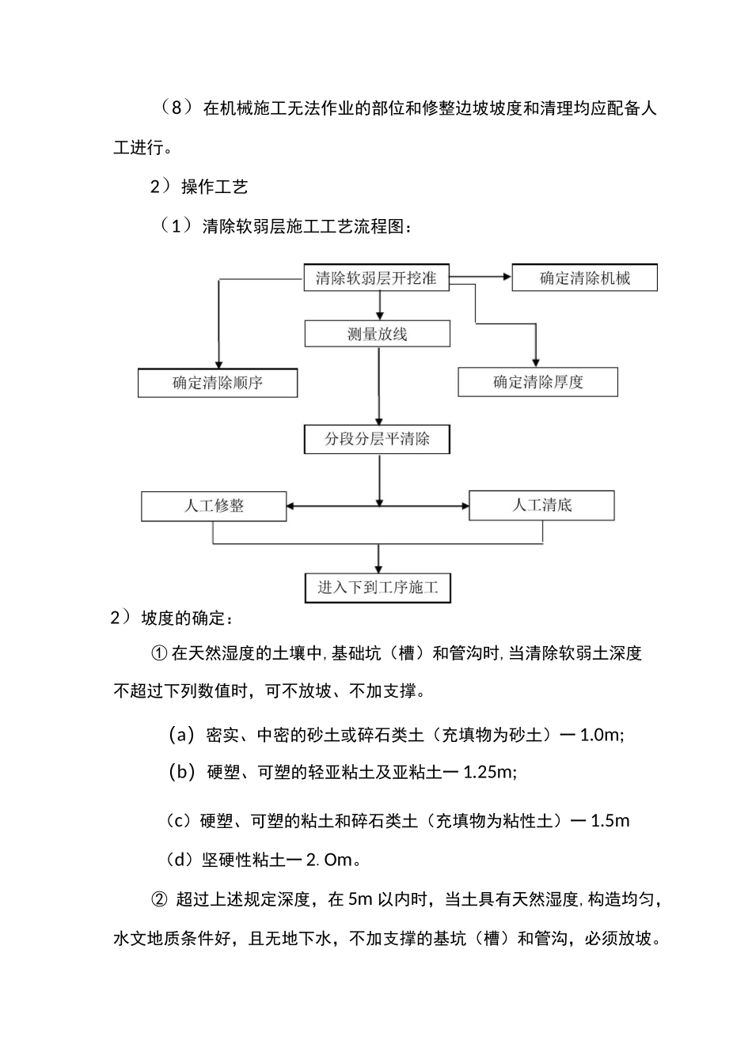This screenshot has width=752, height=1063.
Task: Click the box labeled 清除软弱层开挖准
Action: pyautogui.click(x=376, y=278)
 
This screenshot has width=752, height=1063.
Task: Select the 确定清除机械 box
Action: pyautogui.click(x=585, y=278)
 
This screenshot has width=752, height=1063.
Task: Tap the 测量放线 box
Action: pyautogui.click(x=377, y=334)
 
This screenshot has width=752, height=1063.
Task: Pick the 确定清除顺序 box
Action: pyautogui.click(x=218, y=384)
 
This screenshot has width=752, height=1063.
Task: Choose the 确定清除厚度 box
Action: pyautogui.click(x=537, y=383)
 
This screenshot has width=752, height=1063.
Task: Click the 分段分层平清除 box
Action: pyautogui.click(x=377, y=440)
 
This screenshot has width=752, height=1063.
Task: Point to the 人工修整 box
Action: pyautogui.click(x=214, y=506)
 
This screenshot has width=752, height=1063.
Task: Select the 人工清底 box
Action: pyautogui.click(x=541, y=505)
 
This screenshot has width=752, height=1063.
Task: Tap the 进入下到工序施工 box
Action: pyautogui.click(x=378, y=588)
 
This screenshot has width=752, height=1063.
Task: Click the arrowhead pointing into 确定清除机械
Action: pyautogui.click(x=507, y=278)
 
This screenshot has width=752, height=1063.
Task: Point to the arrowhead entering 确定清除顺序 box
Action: pyautogui.click(x=218, y=364)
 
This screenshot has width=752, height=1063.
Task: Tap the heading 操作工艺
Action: pyautogui.click(x=215, y=187)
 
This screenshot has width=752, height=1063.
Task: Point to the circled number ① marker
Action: pyautogui.click(x=158, y=653)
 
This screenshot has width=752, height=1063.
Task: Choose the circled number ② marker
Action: pyautogui.click(x=158, y=899)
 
